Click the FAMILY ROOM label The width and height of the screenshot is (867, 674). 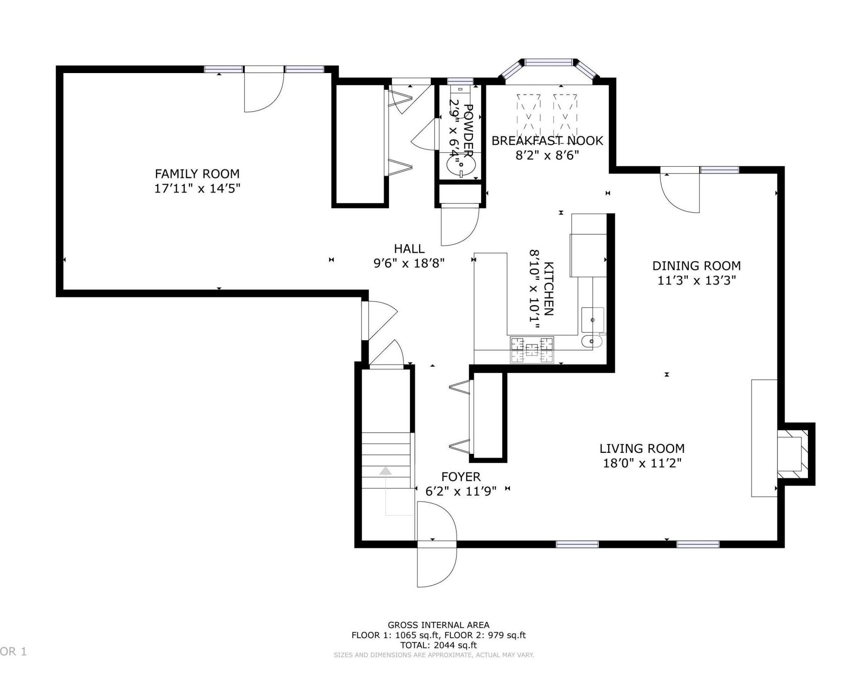[x=197, y=174]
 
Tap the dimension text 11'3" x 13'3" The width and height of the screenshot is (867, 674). [x=696, y=280]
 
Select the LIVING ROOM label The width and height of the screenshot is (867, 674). [x=642, y=448]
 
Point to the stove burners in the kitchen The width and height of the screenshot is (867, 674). [x=532, y=350]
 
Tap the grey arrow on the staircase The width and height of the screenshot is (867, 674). [x=386, y=492]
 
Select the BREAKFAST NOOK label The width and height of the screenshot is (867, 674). [x=547, y=141]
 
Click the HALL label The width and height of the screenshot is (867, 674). [x=409, y=249]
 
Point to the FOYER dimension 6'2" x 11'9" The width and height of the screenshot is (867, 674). [x=461, y=491]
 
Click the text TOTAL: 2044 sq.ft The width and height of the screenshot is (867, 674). [x=438, y=645]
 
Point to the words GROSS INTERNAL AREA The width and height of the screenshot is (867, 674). [x=438, y=625]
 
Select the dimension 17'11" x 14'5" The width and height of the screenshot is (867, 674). [x=197, y=189]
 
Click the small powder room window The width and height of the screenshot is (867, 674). [x=460, y=81]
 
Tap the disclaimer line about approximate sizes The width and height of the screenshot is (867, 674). [x=434, y=655]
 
